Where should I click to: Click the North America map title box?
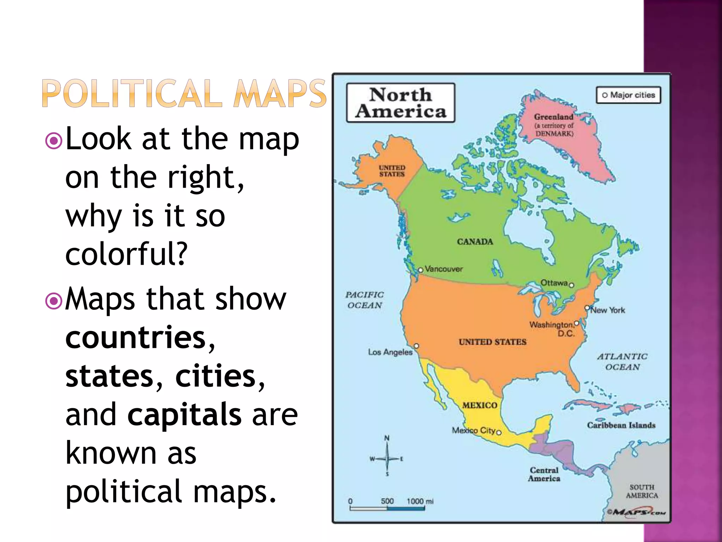click(400, 103)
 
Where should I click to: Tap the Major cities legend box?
click(628, 95)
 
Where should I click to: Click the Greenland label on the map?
click(553, 117)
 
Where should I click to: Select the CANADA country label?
click(475, 242)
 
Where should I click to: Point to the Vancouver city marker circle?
click(420, 270)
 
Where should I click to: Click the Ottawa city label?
click(554, 283)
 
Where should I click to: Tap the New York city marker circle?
click(587, 308)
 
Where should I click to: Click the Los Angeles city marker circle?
click(416, 346)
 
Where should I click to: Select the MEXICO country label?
click(479, 405)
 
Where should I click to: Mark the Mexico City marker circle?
click(499, 432)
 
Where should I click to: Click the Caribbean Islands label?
click(621, 425)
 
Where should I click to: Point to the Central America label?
click(544, 474)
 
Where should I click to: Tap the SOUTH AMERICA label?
click(642, 491)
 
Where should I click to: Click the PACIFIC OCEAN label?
click(365, 300)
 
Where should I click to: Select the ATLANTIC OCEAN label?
click(622, 362)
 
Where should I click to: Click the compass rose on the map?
click(387, 458)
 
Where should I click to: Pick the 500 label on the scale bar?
click(387, 501)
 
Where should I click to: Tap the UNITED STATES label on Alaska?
click(392, 171)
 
